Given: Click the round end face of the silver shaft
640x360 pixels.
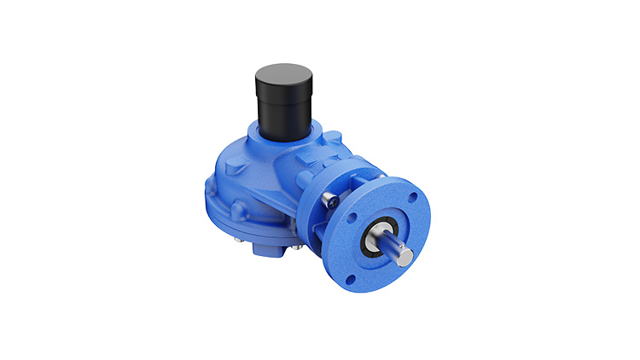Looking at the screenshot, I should coord(407,256).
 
